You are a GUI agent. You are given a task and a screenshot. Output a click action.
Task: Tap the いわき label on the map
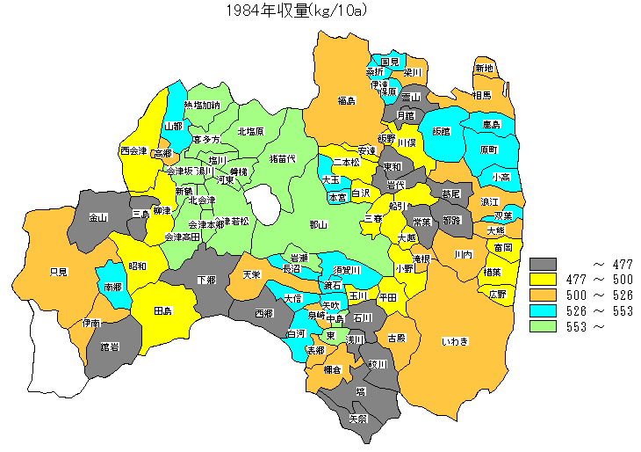pyautogui.click(x=455, y=340)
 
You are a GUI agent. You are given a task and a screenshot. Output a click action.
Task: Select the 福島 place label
pyautogui.click(x=346, y=101)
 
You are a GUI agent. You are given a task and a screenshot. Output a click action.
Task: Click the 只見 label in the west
pyautogui.click(x=59, y=272)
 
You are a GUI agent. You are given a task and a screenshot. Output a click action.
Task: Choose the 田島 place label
pyautogui.click(x=162, y=311)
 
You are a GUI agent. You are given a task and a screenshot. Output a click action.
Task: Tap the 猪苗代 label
pyautogui.click(x=282, y=158)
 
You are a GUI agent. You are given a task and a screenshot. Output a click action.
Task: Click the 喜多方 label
pyautogui.click(x=205, y=140)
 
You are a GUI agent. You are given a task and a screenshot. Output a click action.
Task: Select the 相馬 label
pyautogui.click(x=481, y=94)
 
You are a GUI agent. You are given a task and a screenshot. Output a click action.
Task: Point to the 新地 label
pyautogui.click(x=484, y=69)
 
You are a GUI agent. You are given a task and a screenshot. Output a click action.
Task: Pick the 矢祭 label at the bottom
pyautogui.click(x=358, y=418)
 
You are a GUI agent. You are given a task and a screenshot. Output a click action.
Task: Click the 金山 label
pyautogui.click(x=98, y=217)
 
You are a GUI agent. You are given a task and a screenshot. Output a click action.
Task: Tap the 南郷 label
pyautogui.click(x=112, y=287)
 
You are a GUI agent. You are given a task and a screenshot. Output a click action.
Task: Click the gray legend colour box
pyautogui.click(x=544, y=264)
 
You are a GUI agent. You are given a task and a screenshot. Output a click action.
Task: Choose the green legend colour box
pyautogui.click(x=544, y=326)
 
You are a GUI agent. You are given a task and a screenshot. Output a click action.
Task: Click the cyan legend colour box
pyautogui.click(x=544, y=310)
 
